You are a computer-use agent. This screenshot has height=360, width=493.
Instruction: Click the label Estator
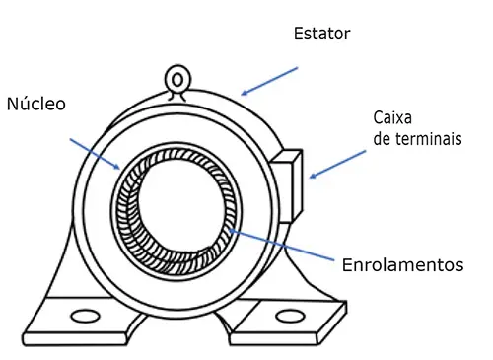pyautogui.click(x=321, y=35)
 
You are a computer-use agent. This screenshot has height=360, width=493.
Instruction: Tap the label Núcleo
pyautogui.click(x=36, y=104)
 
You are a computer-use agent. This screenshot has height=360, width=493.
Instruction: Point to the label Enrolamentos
pyautogui.click(x=402, y=265)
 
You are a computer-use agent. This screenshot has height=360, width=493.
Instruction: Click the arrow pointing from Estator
pyautogui.click(x=268, y=82)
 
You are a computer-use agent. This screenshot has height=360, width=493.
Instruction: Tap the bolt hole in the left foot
pyautogui.click(x=87, y=318)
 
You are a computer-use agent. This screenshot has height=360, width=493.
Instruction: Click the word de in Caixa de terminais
pyautogui.click(x=383, y=139)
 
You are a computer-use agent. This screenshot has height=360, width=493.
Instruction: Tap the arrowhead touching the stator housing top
pyautogui.click(x=245, y=93)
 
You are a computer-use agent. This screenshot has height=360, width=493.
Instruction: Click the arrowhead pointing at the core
pyautogui.click(x=117, y=168)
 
